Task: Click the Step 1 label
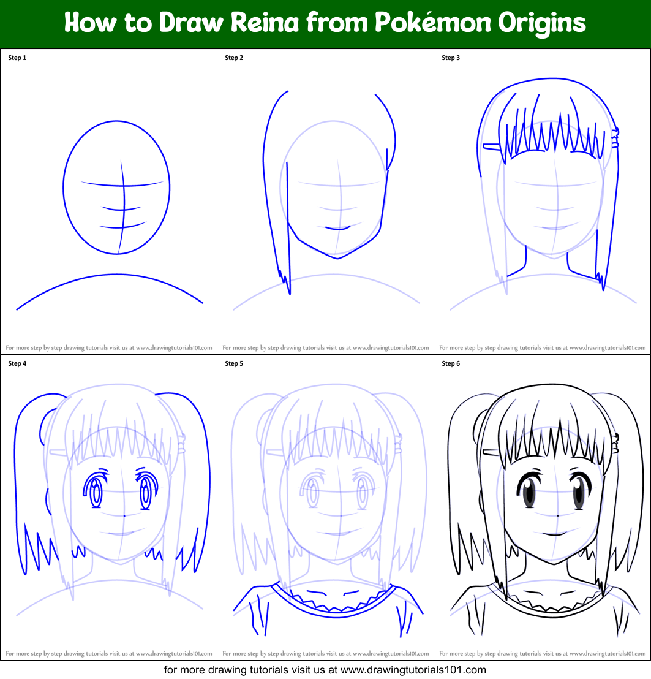pos(17,58)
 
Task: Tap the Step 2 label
pos(234,58)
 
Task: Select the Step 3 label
pos(451,58)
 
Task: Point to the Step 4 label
pos(17,364)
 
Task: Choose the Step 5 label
pos(234,364)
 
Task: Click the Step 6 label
pos(451,364)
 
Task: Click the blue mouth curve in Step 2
pos(337,228)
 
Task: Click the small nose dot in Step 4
pos(124,515)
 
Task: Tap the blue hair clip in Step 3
pos(491,146)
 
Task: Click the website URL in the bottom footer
pos(413,670)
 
